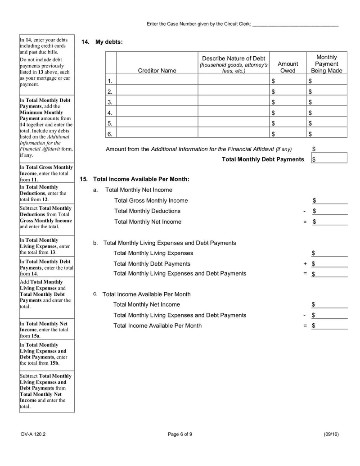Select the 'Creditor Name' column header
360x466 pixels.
click(x=157, y=71)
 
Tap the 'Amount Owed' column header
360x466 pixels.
click(x=288, y=67)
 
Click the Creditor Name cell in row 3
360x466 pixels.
click(x=157, y=102)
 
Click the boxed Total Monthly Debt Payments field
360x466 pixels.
click(x=330, y=159)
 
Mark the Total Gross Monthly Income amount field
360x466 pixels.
click(x=331, y=200)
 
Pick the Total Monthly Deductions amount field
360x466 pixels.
click(x=331, y=211)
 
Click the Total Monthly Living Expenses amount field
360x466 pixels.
click(x=331, y=253)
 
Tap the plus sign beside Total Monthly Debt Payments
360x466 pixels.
click(x=305, y=264)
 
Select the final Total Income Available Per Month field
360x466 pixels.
click(x=331, y=326)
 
